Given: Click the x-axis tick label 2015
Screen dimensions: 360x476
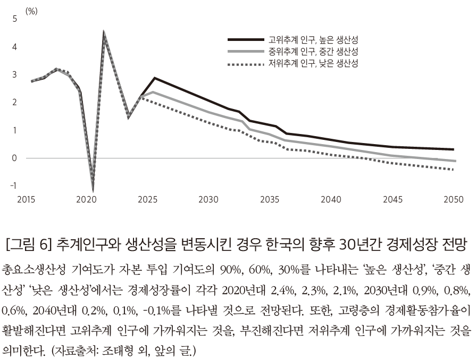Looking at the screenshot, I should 26,200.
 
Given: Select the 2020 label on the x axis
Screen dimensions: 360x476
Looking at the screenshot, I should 86,200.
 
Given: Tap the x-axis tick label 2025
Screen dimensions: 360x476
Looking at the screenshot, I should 147,200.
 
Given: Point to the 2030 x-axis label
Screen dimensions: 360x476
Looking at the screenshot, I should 208,200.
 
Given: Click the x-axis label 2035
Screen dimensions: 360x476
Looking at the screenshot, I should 270,200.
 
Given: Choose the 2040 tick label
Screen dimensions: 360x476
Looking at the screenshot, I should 331,200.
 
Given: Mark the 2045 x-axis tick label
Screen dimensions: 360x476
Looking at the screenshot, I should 392,200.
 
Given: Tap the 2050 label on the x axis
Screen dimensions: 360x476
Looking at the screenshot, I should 453,200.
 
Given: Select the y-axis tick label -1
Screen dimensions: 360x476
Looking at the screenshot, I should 13,186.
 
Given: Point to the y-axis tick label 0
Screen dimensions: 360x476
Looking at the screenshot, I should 15,158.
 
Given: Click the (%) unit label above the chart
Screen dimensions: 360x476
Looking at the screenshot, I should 31,11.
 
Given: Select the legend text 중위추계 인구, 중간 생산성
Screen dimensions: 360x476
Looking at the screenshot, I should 313,52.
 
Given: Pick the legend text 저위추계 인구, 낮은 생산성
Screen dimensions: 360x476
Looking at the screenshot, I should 313,63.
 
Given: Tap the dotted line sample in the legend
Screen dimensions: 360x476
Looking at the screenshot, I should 245,64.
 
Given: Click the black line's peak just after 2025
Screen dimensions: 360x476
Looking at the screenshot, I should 154,78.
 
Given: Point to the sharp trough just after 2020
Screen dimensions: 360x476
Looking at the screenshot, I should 93,188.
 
